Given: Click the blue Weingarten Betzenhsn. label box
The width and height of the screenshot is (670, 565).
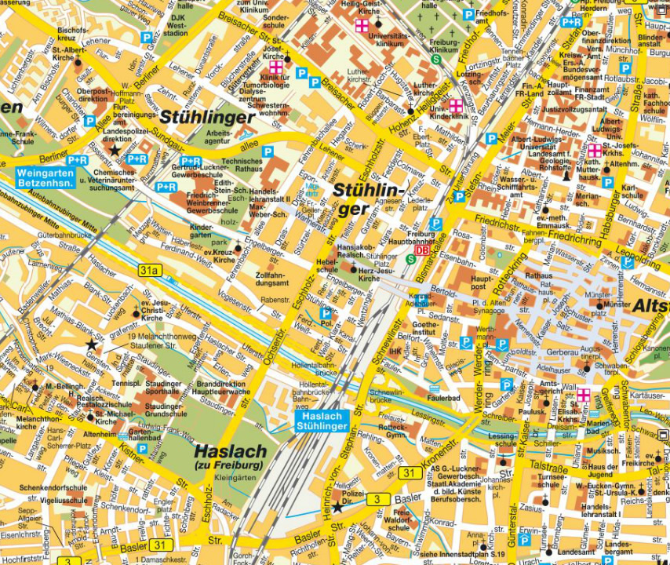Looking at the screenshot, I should click(46, 177).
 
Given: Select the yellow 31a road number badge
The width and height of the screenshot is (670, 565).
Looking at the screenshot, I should click(149, 271).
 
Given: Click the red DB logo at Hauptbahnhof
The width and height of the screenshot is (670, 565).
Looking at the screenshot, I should click(422, 251).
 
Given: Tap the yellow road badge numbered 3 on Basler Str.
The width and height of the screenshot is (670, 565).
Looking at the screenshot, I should click(378, 499).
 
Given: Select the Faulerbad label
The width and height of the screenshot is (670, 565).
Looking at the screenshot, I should click(444, 398).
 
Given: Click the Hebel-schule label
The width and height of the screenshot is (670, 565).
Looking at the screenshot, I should click(327, 264).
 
